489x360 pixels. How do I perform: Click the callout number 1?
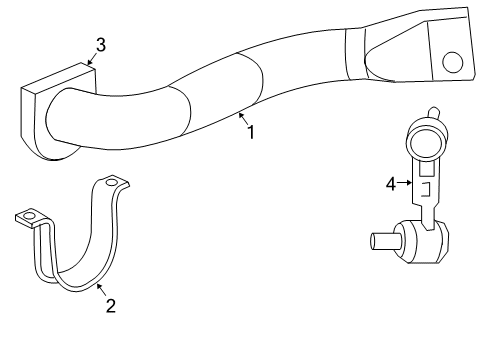[250, 131]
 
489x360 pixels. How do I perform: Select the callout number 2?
[110, 306]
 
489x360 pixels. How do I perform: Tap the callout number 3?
[100, 43]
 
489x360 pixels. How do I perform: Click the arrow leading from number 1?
[241, 120]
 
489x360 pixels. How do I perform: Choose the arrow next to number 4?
[406, 183]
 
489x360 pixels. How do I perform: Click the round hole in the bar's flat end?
[453, 63]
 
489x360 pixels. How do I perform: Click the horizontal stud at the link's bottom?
[383, 240]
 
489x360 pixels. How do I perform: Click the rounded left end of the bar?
[60, 120]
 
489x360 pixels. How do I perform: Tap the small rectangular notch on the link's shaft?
[424, 187]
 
